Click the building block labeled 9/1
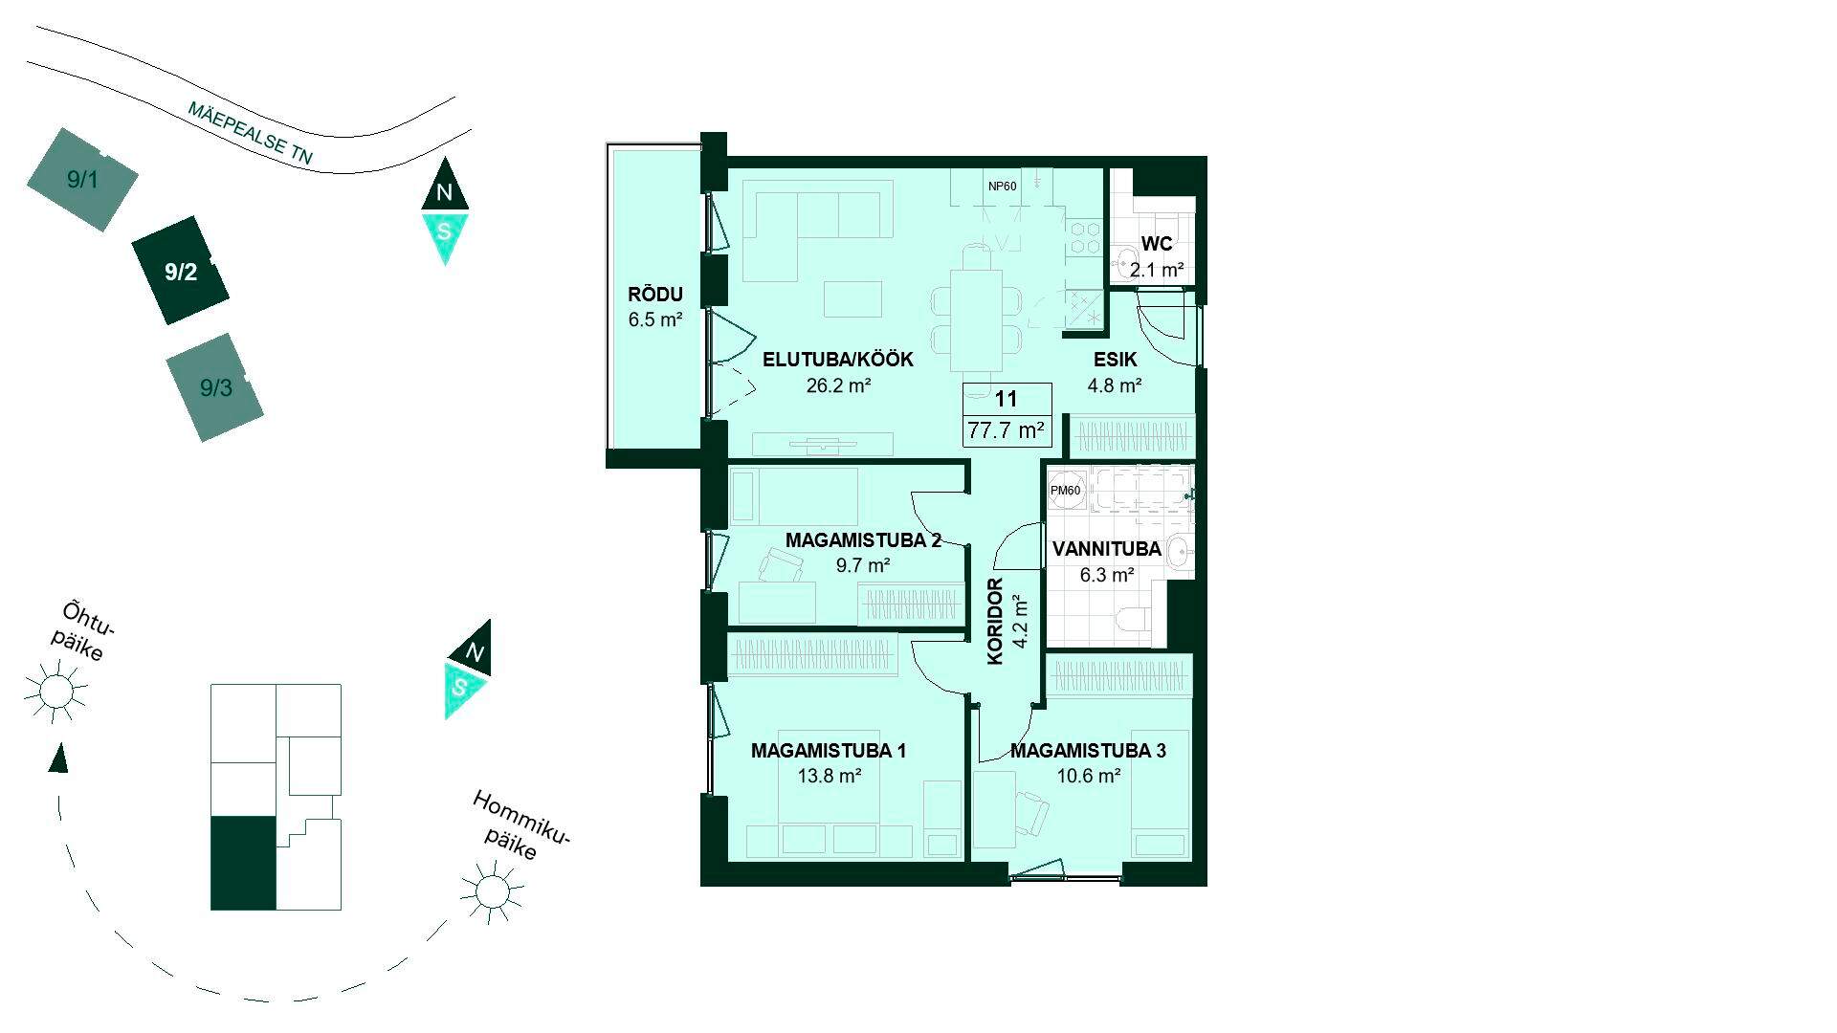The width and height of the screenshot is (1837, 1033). (x=82, y=180)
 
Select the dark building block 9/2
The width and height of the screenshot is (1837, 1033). (x=181, y=271)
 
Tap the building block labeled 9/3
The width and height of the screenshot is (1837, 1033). (x=215, y=387)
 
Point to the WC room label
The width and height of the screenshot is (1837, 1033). (x=1157, y=245)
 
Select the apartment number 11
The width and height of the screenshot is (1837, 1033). (x=1006, y=400)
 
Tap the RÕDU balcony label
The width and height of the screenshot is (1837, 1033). (x=655, y=295)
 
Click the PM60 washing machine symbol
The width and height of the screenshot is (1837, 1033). (x=1066, y=491)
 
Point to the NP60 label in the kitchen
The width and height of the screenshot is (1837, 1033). (x=1002, y=187)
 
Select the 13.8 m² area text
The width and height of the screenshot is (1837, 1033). (x=830, y=776)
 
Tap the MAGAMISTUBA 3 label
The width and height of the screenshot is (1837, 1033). (x=1088, y=751)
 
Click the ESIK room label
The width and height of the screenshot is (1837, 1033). (x=1116, y=361)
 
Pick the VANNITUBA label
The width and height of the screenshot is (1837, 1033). (x=1107, y=549)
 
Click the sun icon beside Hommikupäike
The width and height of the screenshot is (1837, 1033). (x=493, y=890)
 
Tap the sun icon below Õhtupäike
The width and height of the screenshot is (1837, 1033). (x=56, y=690)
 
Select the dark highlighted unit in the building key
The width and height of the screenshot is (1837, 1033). (x=243, y=864)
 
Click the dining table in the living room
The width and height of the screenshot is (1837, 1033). (x=976, y=319)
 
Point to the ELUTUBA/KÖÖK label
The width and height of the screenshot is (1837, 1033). (x=838, y=361)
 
